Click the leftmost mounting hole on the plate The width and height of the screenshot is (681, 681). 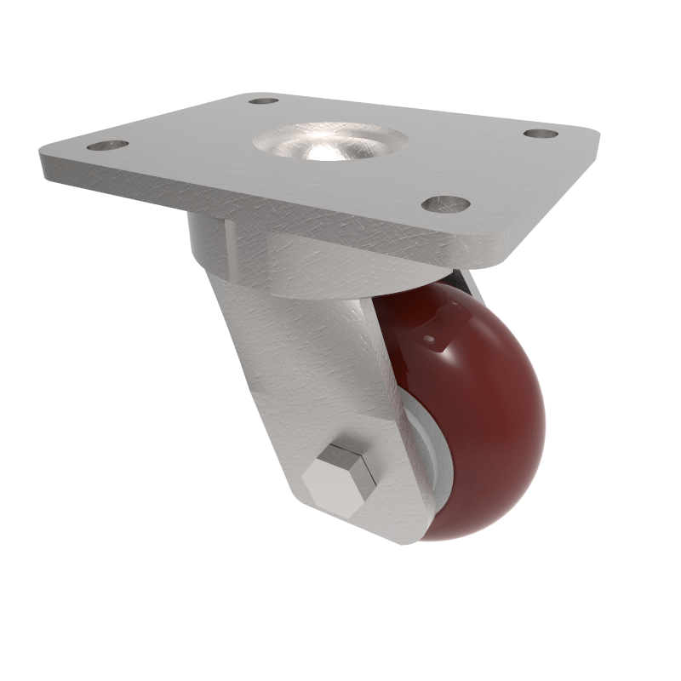[107, 145]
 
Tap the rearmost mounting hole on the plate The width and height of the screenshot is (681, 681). [264, 100]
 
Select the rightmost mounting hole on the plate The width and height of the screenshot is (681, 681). [541, 134]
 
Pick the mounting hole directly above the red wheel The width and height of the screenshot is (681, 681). [446, 204]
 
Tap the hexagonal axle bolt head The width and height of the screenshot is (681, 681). [340, 479]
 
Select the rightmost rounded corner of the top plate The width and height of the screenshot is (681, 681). [592, 136]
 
